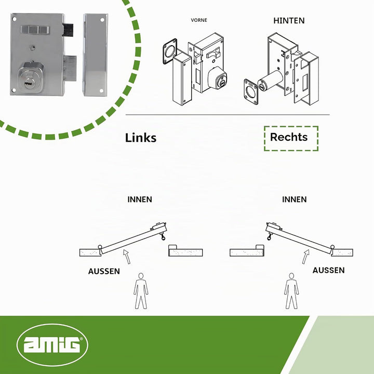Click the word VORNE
199,20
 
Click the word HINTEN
289,20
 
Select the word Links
141,138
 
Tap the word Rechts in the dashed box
289,137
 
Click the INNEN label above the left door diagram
140,199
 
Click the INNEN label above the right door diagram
295,199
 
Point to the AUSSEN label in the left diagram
104,271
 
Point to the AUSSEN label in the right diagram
328,270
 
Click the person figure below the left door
141,291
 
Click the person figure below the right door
291,291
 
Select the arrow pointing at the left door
127,257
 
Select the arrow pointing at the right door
306,257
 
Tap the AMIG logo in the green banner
52,345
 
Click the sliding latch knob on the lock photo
35,30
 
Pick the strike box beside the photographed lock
95,55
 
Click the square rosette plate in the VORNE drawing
170,51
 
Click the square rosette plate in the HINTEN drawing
251,92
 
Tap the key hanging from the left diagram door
163,237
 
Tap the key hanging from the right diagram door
270,237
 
